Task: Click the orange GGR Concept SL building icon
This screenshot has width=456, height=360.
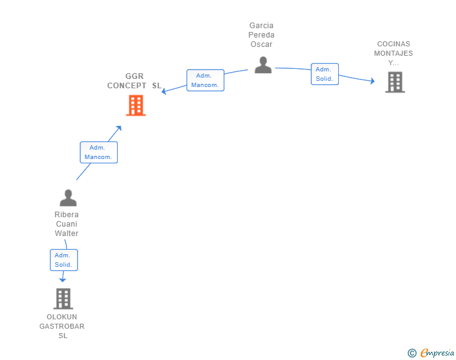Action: tap(135, 105)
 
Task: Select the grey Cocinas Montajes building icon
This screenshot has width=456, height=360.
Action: tap(395, 82)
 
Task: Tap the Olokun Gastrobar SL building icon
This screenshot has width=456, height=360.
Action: tap(63, 299)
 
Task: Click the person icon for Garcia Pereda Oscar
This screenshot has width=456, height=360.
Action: tap(263, 64)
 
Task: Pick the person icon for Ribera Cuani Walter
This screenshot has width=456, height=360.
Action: tap(68, 198)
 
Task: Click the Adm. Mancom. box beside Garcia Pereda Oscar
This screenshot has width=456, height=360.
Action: tap(205, 80)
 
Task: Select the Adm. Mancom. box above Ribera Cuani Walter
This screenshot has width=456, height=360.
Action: tap(98, 152)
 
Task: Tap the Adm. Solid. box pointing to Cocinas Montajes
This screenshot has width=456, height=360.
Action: tap(324, 74)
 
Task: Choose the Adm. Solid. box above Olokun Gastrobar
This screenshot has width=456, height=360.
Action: tap(63, 260)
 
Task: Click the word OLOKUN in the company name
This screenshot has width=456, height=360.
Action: tap(62, 317)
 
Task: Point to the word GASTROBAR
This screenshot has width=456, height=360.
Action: tap(62, 326)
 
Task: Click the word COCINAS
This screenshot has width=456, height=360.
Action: tap(393, 44)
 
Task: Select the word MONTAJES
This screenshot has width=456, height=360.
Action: tap(393, 53)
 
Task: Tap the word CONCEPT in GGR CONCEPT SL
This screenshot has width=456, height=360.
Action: tap(127, 85)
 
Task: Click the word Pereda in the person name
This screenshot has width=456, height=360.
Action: tap(261, 35)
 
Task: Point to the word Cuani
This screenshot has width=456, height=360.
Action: tap(66, 224)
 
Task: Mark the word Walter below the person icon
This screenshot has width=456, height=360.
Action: tap(66, 234)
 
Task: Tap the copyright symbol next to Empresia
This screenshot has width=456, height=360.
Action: tap(412, 353)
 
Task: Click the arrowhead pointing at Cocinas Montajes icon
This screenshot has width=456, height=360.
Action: tap(373, 81)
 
